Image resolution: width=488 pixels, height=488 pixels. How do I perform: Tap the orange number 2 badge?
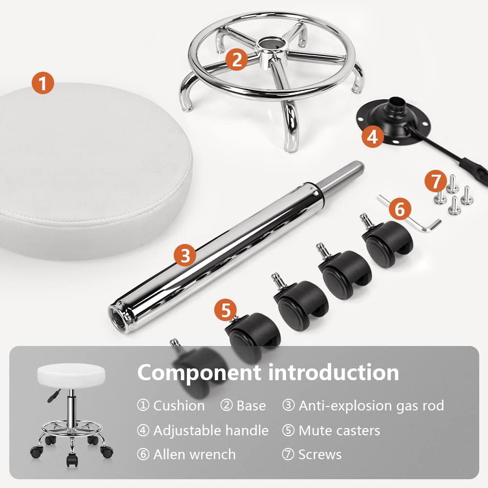tap(237, 60)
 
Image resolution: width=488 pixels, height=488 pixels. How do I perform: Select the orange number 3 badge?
tap(185, 255)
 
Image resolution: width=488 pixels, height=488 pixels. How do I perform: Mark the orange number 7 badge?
tap(434, 181)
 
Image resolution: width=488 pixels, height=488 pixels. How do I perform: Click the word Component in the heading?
tap(199, 372)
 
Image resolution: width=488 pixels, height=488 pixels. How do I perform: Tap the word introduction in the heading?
tap(333, 372)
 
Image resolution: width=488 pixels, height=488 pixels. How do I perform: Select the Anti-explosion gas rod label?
tap(371, 405)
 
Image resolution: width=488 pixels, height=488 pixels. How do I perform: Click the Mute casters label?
tap(339, 430)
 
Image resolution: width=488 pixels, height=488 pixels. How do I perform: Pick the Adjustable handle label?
tap(210, 430)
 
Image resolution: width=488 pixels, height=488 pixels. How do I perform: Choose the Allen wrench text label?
tap(194, 454)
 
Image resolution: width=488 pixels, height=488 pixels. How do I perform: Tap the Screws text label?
tap(320, 454)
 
